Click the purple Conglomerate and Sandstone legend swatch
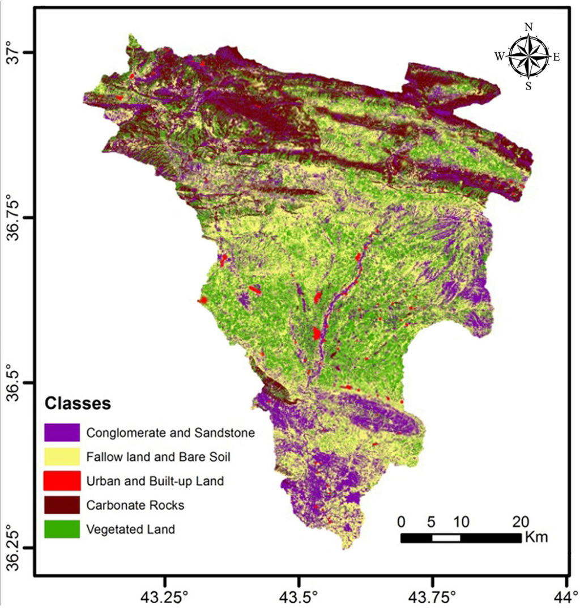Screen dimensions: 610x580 62,433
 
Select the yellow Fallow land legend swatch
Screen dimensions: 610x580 62,456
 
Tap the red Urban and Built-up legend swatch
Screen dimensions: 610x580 62,481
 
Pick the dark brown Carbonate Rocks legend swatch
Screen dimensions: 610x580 62,505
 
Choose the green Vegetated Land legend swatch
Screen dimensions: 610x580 62,529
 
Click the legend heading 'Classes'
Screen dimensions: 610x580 76,404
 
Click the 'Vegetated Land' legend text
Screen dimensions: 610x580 131,529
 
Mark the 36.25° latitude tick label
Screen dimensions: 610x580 13,547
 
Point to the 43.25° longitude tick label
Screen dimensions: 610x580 165,597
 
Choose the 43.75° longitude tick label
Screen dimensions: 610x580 433,597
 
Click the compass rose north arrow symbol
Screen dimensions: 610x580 528,56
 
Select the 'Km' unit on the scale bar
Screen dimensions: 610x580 536,537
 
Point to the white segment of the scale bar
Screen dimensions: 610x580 446,538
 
